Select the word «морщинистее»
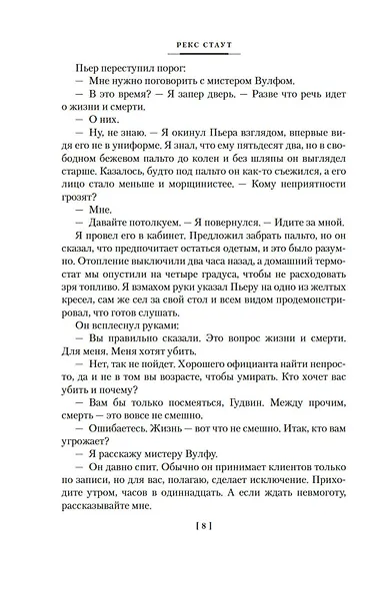click(196, 207)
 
